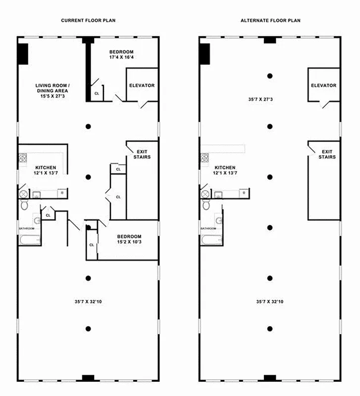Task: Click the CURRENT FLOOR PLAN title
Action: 88,20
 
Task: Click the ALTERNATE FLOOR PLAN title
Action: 270,20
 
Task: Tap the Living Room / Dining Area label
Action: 52,91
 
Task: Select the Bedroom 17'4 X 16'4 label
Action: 121,54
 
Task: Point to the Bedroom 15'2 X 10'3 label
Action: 129,239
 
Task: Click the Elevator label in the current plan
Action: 142,86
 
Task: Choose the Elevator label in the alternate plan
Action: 324,86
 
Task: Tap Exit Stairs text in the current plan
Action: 142,154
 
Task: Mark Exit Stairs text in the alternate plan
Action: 327,154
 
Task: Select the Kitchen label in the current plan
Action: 45,170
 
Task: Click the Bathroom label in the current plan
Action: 26,228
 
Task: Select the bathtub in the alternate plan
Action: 211,241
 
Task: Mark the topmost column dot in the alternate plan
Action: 270,76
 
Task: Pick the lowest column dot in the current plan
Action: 88,328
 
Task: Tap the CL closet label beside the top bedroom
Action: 97,93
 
